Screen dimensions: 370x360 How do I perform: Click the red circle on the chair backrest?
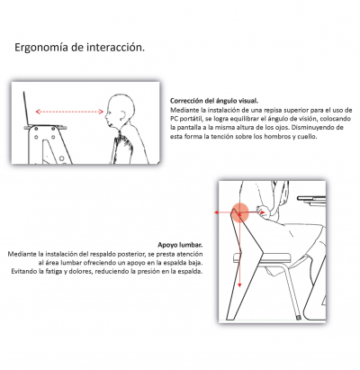point(240,213)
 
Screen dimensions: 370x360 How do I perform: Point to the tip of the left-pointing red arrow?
point(216,213)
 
